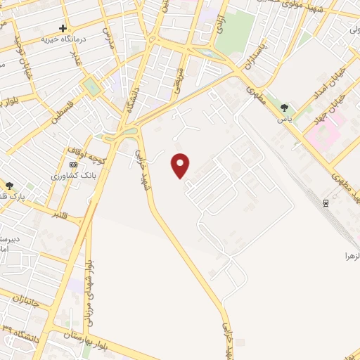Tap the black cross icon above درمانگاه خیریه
63,29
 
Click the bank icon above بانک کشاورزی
73,165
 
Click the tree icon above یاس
284,108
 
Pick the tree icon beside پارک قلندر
10,185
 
